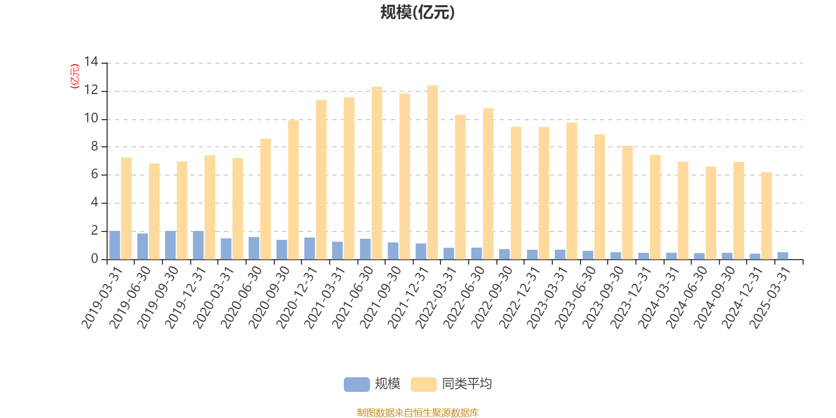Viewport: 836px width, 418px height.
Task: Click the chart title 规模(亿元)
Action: pos(417,13)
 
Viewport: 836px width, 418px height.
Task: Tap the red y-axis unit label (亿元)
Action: pos(75,76)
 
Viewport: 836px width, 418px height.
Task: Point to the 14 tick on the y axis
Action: pos(91,63)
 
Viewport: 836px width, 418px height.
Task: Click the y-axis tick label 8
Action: pos(95,147)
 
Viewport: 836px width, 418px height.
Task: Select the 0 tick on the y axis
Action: pos(95,259)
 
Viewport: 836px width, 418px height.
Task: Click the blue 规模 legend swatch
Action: pos(356,385)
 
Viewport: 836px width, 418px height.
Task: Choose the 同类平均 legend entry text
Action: pos(467,385)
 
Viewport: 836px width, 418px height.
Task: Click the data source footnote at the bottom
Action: pos(417,413)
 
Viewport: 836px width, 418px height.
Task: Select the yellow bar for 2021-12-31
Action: pos(433,172)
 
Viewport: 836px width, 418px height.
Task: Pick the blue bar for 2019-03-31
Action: pos(114,245)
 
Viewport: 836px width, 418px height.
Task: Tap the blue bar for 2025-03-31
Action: pos(783,256)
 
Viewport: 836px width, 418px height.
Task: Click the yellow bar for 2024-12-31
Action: pos(767,216)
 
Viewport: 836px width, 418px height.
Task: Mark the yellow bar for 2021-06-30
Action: pos(377,173)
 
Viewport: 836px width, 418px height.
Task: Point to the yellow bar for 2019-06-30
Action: pos(154,211)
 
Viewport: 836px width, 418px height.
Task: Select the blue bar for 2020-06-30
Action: pos(254,248)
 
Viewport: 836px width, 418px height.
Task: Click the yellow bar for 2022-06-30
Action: pos(488,184)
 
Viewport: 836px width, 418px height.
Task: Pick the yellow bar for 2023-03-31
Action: pos(572,191)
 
